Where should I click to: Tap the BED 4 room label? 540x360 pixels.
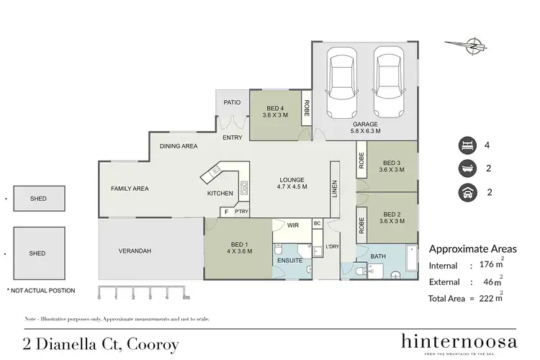[x=276, y=110]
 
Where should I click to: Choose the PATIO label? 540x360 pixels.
[x=232, y=103]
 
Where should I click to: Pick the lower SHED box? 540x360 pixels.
[x=37, y=253]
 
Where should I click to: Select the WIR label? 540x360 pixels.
[x=292, y=225]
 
